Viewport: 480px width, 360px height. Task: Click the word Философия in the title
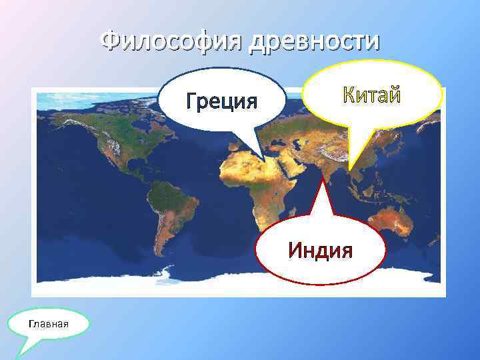[172, 42]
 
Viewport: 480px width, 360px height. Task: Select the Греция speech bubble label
[222, 102]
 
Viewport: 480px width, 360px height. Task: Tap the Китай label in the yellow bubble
[372, 95]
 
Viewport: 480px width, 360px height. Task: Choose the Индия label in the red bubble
[320, 251]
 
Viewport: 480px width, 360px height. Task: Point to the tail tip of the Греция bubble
[264, 161]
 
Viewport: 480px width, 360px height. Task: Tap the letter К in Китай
[349, 95]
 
